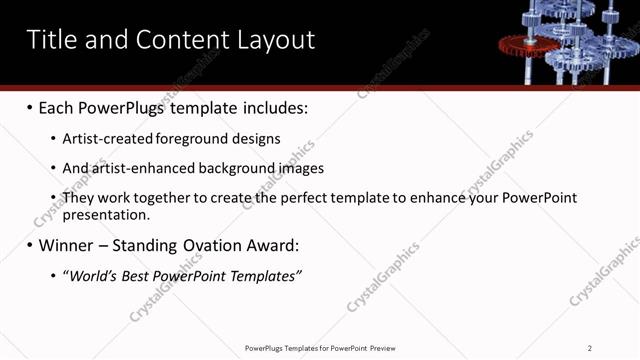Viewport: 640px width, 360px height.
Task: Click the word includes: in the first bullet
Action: point(273,107)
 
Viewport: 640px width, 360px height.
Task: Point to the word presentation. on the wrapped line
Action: point(106,214)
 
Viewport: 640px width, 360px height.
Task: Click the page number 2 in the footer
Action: point(590,348)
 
